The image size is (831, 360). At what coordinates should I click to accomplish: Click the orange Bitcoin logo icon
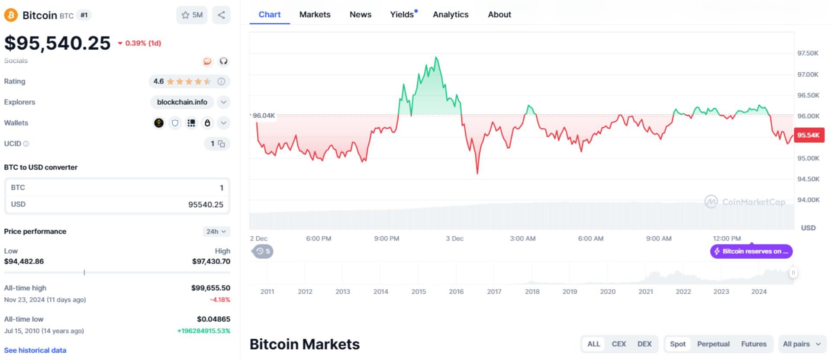click(11, 15)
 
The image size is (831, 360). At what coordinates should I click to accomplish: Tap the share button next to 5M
click(221, 15)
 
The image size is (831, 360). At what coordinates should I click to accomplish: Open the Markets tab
click(315, 15)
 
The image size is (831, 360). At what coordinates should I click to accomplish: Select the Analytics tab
click(451, 15)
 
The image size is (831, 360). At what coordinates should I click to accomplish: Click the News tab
click(361, 15)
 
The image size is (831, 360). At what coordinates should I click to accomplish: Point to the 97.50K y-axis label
click(808, 53)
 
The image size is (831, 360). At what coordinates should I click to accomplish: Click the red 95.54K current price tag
click(808, 135)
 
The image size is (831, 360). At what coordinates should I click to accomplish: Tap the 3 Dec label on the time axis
click(454, 238)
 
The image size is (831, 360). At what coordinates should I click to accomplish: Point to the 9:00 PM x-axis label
click(387, 238)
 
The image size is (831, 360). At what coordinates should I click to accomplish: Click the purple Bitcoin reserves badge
click(751, 251)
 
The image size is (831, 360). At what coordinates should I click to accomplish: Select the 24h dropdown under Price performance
click(216, 231)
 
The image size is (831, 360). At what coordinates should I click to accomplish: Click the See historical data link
click(35, 350)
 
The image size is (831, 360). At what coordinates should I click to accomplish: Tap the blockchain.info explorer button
click(182, 102)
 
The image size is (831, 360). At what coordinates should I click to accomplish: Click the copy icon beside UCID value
click(221, 144)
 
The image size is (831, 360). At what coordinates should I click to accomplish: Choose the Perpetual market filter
click(713, 344)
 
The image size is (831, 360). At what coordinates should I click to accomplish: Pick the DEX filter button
click(644, 344)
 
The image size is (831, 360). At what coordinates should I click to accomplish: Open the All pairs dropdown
click(802, 344)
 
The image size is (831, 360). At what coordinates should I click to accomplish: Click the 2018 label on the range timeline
click(532, 292)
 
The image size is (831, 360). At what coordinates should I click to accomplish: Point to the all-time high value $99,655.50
click(210, 288)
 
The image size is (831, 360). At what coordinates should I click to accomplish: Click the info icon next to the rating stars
click(221, 81)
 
